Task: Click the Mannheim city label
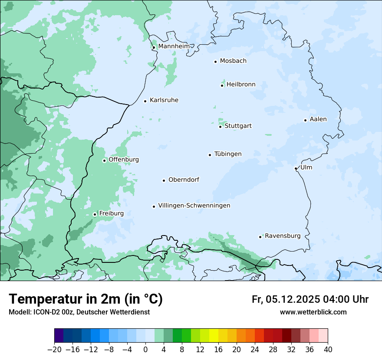pyautogui.click(x=174, y=46)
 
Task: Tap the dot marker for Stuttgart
pyautogui.click(x=220, y=127)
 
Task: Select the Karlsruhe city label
pyautogui.click(x=164, y=100)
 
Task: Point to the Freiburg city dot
pyautogui.click(x=95, y=214)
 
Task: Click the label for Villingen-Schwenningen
pyautogui.click(x=194, y=206)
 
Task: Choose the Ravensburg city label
pyautogui.click(x=283, y=236)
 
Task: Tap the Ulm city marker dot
pyautogui.click(x=296, y=168)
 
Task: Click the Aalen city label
pyautogui.click(x=318, y=119)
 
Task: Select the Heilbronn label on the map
pyautogui.click(x=241, y=85)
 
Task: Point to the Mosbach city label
pyautogui.click(x=233, y=61)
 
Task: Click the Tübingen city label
pyautogui.click(x=228, y=154)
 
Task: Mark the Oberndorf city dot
pyautogui.click(x=164, y=180)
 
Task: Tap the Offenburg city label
pyautogui.click(x=124, y=160)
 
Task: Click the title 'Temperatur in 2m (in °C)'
pyautogui.click(x=86, y=299)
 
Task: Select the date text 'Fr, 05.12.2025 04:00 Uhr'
pyautogui.click(x=310, y=299)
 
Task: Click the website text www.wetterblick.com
pyautogui.click(x=313, y=312)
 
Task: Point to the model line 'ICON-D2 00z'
pyautogui.click(x=79, y=312)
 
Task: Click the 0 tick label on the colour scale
pyautogui.click(x=145, y=350)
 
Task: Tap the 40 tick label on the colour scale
pyautogui.click(x=327, y=350)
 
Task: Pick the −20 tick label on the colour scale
pyautogui.click(x=54, y=350)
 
